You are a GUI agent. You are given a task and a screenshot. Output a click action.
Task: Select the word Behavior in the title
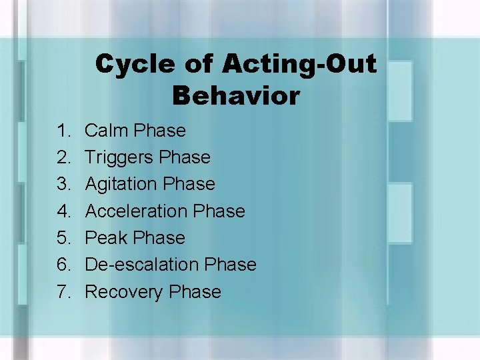tap(235, 96)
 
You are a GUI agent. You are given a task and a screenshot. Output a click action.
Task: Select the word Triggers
tap(122, 158)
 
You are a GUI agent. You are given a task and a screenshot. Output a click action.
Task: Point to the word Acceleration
tap(136, 211)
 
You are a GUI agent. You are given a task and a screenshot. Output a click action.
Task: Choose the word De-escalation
tap(142, 265)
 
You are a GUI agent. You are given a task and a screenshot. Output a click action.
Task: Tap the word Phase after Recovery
tap(195, 292)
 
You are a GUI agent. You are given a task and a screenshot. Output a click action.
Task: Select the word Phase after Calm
tap(159, 131)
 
